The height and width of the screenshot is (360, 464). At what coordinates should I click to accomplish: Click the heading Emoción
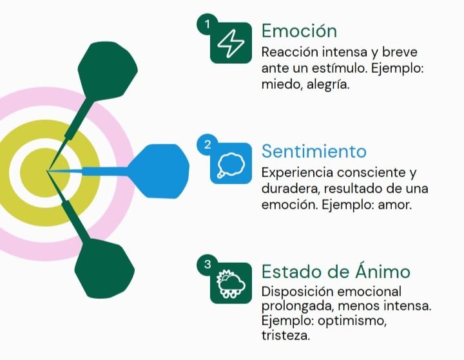coord(299,31)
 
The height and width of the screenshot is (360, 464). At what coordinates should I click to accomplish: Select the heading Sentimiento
coord(314,151)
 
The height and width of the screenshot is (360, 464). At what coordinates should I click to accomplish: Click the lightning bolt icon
coord(230,43)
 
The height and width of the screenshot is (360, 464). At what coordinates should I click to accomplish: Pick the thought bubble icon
coord(230,164)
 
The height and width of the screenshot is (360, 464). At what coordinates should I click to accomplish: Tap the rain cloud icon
coord(230,283)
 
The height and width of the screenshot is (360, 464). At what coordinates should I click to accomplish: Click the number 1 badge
coord(207,24)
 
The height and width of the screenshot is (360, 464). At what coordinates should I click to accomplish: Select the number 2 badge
coord(207,145)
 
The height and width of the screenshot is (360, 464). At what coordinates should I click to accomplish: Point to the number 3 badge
coord(207,264)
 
